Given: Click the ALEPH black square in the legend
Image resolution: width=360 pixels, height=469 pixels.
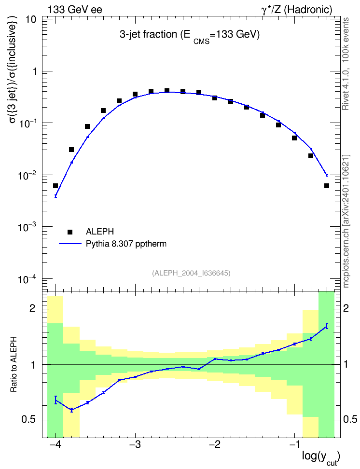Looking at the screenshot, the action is coord(70,232).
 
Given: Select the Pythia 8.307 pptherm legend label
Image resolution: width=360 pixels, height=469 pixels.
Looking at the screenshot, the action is coord(126,244).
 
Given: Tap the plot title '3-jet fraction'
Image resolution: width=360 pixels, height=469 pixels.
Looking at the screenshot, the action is coord(149,35).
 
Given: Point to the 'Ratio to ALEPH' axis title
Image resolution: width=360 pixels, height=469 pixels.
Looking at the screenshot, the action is coord(14,364).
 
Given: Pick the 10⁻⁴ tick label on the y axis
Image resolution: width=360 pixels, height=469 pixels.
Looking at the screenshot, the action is coord(27,279).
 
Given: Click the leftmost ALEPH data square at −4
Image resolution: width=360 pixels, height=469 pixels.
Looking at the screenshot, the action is coord(55,186).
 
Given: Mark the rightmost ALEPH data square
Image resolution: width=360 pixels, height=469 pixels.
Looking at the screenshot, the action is coord(327,186).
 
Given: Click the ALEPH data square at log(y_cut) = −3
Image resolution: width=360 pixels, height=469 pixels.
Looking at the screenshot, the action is coord(135,94).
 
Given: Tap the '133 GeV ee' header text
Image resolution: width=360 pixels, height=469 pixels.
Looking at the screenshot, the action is coord(75,10).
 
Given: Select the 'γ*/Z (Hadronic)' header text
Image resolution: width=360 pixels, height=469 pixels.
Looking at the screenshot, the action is coord(297,10).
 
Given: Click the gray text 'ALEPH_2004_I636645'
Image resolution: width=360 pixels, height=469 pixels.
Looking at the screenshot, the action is coord(191,273).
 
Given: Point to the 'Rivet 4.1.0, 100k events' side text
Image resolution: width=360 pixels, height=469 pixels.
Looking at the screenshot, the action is coord(346,64).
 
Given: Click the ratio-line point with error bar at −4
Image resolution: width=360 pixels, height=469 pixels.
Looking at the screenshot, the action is coord(55,400).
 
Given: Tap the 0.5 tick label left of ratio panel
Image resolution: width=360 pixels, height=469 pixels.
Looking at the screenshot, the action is coord(28,420).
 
